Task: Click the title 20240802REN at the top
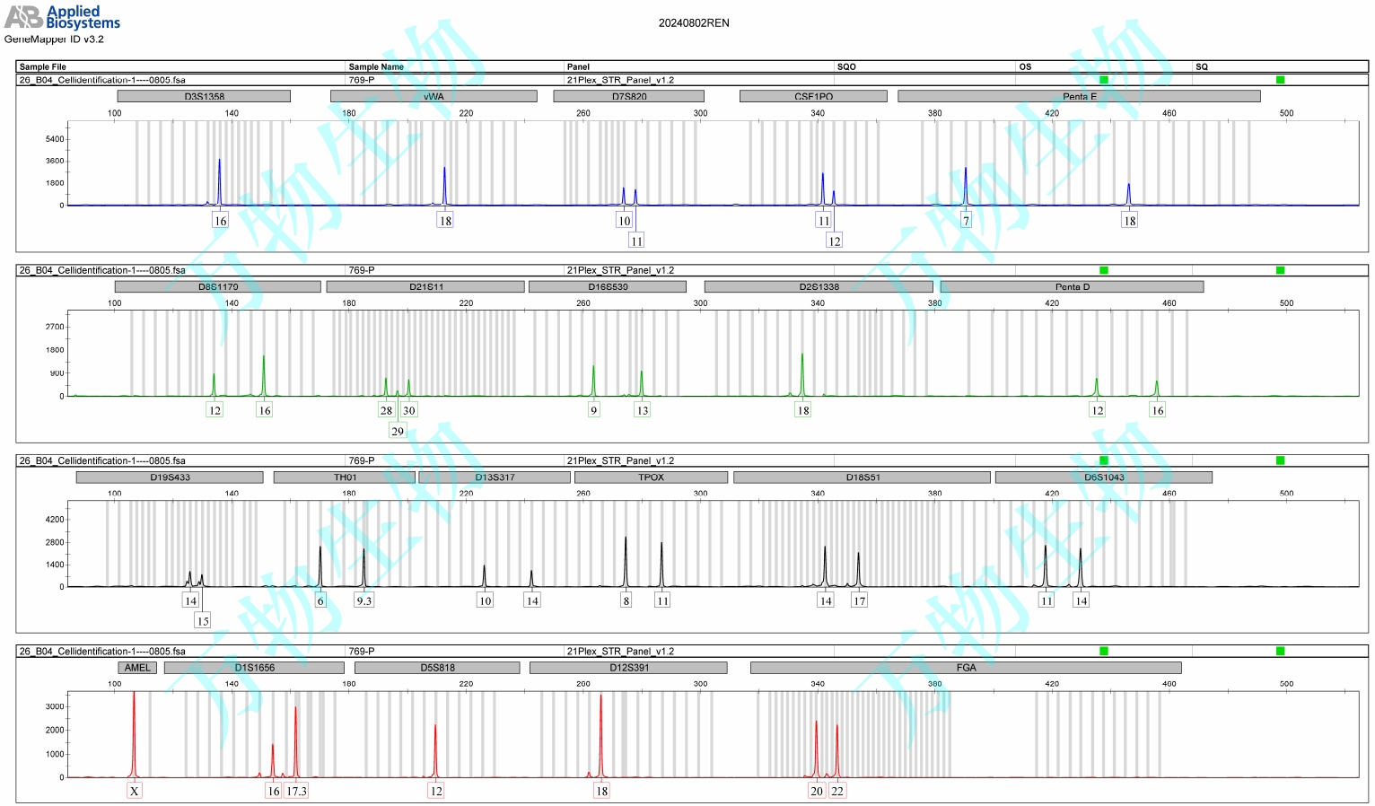point(693,23)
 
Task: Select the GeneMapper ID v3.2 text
point(54,39)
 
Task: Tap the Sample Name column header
point(376,66)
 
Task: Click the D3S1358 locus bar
point(204,96)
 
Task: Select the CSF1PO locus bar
point(813,96)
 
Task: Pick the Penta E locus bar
point(1079,96)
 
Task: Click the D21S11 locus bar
point(425,287)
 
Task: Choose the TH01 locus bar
point(345,477)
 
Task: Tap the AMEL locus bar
point(137,668)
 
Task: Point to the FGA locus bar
point(966,668)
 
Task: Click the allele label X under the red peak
point(134,791)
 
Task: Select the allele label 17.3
point(296,791)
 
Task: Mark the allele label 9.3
point(363,600)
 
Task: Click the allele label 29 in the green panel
point(398,431)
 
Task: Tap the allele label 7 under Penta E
point(966,221)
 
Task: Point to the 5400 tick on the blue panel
point(55,139)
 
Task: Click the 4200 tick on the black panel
point(55,520)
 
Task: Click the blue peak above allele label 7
point(966,184)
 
